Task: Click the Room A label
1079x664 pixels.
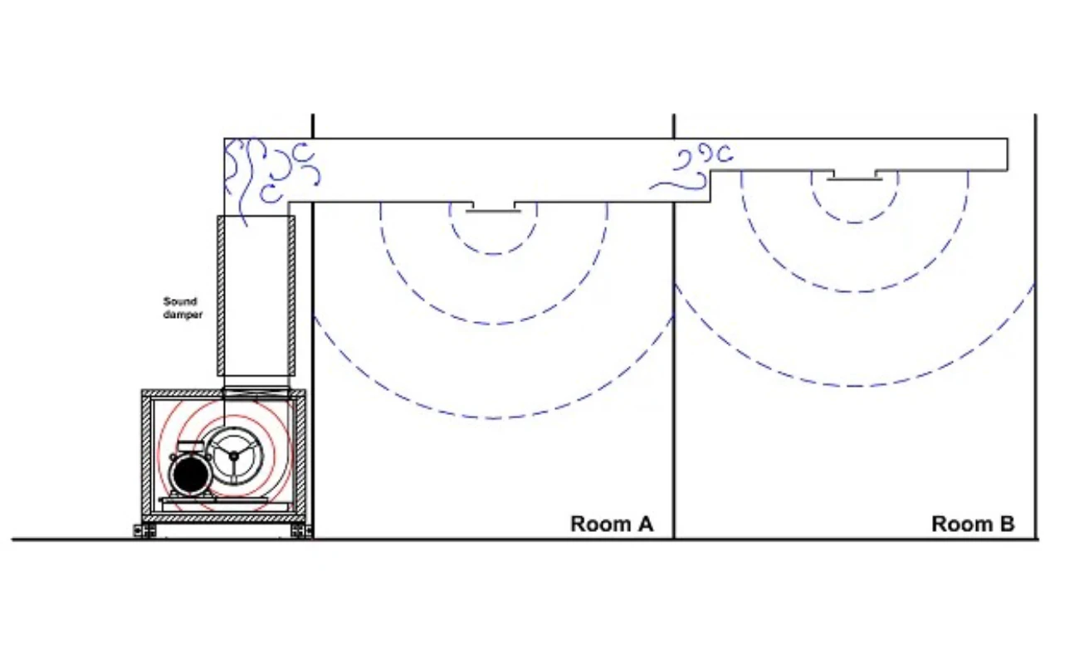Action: click(x=612, y=524)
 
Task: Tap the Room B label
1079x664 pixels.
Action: click(x=973, y=524)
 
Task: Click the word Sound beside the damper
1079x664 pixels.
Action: click(x=180, y=301)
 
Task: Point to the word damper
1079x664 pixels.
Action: click(x=183, y=315)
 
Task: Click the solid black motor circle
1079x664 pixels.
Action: click(x=190, y=476)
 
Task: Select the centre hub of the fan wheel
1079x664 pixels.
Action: click(x=233, y=456)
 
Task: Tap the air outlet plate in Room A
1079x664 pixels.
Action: click(x=493, y=211)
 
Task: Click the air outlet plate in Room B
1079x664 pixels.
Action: click(x=855, y=179)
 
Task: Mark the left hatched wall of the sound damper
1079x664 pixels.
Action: click(x=221, y=295)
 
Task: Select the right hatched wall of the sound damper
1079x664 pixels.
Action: click(x=291, y=295)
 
